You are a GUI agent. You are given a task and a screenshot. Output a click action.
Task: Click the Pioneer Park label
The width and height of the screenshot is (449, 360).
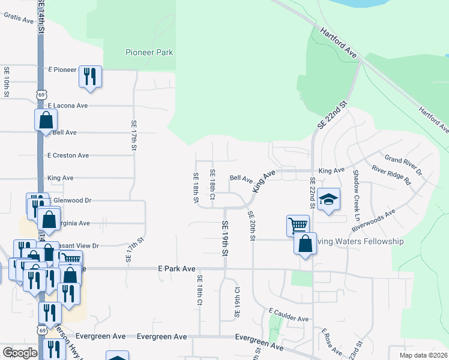coord(149,52)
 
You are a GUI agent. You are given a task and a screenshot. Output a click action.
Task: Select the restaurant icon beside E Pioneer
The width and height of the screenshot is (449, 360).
coord(90,76)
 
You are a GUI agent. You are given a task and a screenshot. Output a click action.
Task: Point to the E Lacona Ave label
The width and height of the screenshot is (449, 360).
coord(67,106)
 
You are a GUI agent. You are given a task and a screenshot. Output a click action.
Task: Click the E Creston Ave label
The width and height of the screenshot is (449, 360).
coord(68,155)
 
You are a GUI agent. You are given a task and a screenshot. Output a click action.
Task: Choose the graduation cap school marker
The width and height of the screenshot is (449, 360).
coord(328,200)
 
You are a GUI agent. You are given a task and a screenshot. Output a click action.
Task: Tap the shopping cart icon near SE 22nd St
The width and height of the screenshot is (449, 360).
coord(298,225)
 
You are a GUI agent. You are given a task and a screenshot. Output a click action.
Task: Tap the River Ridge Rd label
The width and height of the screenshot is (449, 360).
coord(391,175)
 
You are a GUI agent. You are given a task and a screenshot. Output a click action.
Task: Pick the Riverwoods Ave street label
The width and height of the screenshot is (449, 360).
coord(373,220)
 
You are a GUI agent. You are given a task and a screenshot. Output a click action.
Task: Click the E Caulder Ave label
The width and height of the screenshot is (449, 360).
coord(289,315)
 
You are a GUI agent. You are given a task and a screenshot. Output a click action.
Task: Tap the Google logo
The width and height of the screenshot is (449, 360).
coord(20,353)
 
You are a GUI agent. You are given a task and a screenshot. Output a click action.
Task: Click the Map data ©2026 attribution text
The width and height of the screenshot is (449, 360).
coord(423,355)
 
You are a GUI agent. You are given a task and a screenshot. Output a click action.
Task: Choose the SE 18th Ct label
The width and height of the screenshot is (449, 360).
coord(212,185)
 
